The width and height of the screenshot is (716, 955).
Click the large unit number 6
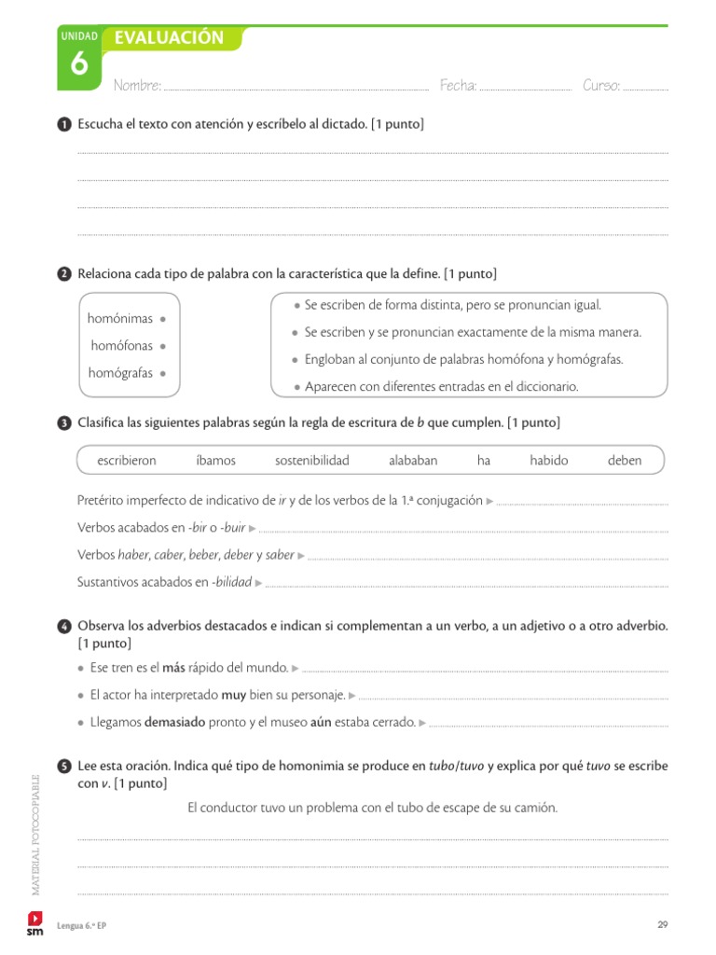79,65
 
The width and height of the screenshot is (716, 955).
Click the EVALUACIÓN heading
169,37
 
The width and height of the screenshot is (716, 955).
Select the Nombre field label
137,86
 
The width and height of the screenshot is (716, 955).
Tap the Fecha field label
458,86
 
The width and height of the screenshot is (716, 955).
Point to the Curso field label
601,86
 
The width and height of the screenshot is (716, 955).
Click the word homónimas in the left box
120,319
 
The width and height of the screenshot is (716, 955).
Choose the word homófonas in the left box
122,346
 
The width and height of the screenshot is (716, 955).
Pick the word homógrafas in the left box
120,373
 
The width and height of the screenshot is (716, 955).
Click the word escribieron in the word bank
127,461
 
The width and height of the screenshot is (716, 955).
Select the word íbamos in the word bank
216,461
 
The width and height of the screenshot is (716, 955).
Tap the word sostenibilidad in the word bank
311,461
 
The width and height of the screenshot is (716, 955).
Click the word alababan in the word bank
413,461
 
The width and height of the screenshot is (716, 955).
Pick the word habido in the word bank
548,461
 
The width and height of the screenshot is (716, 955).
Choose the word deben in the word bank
625,461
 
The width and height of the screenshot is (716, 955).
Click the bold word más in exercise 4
173,668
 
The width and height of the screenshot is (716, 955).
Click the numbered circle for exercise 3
63,423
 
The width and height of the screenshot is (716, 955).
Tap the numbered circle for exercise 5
63,767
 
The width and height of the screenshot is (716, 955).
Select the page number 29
663,924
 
